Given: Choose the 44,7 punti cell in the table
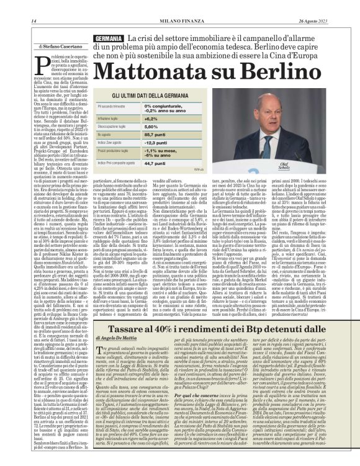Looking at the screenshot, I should [156, 163].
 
